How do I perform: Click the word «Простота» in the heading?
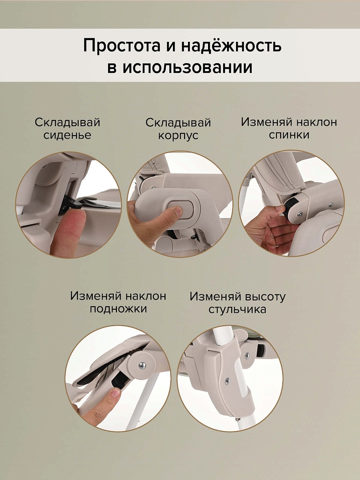click(122, 46)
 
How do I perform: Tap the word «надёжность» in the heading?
click(231, 45)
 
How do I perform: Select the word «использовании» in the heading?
click(188, 68)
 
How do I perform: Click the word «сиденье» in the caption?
click(68, 135)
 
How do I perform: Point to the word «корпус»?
click(178, 136)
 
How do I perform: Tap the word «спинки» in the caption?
click(289, 135)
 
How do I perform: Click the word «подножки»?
click(118, 308)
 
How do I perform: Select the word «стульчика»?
click(237, 309)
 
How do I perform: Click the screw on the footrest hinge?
click(142, 365)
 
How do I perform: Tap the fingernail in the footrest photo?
click(115, 392)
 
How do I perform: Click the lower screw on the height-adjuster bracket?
click(227, 381)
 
